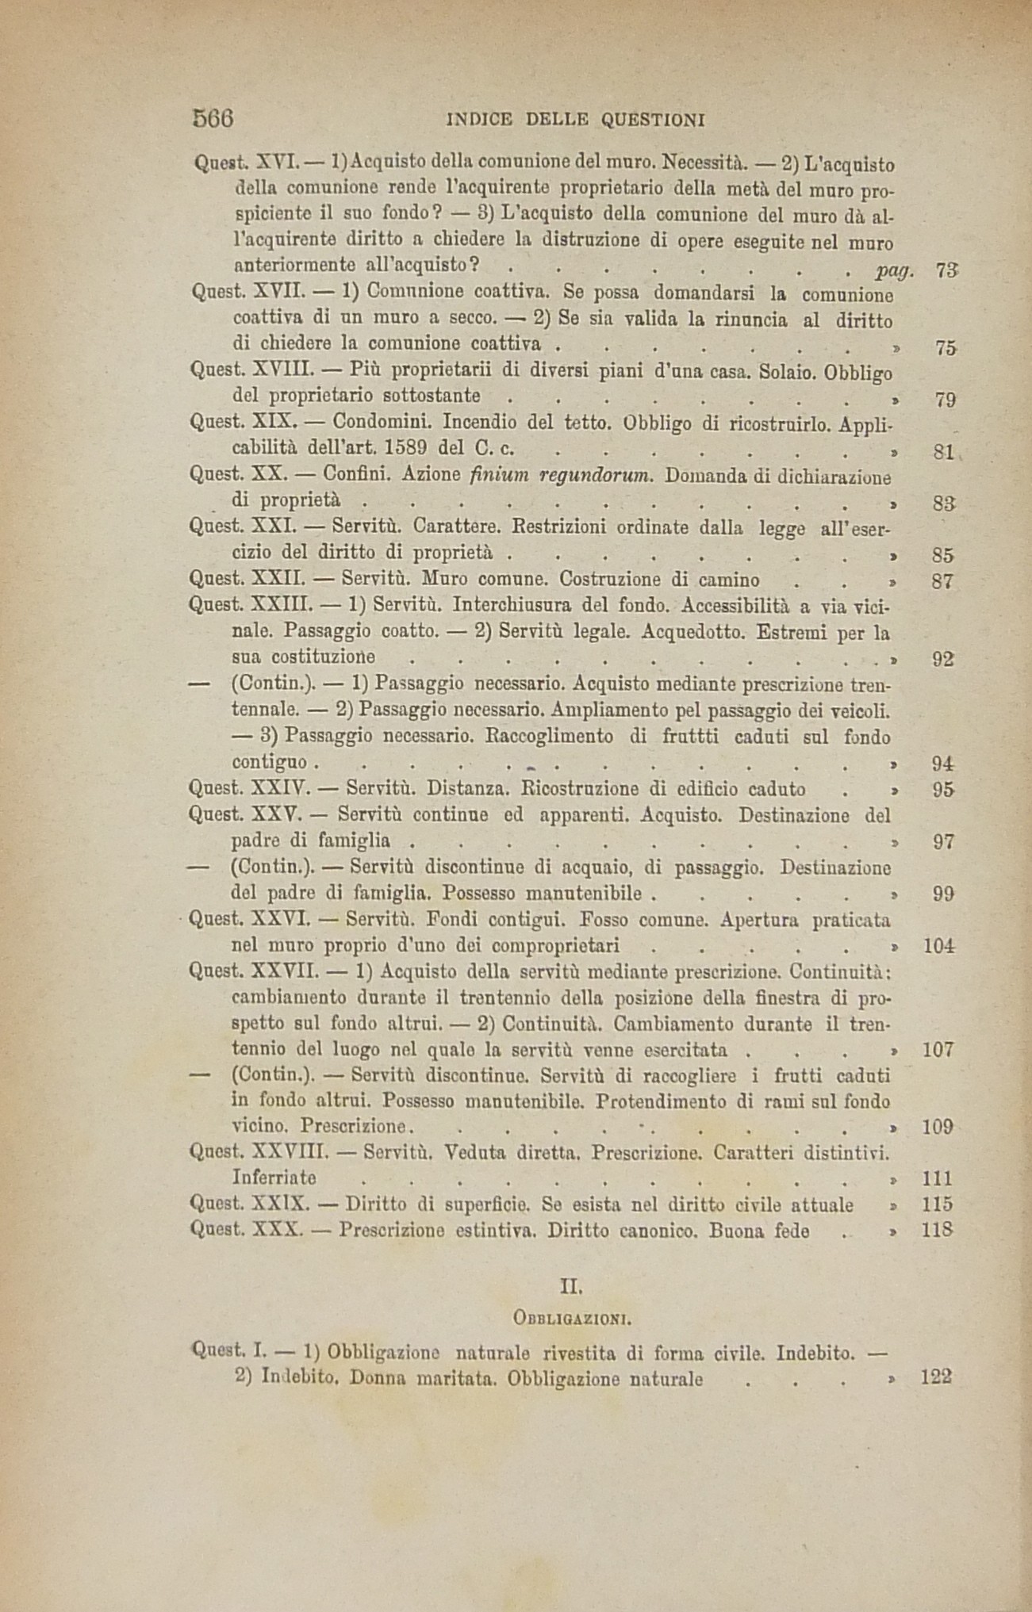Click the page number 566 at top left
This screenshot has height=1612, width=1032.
pyautogui.click(x=213, y=118)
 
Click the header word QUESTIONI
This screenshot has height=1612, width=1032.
pyautogui.click(x=653, y=120)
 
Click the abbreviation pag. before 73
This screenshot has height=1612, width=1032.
pyautogui.click(x=896, y=270)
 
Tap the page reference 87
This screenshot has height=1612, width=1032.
pyautogui.click(x=942, y=581)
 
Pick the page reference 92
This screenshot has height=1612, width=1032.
pyautogui.click(x=942, y=659)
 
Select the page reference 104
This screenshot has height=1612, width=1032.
pyautogui.click(x=938, y=945)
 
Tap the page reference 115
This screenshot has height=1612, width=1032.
pyautogui.click(x=938, y=1204)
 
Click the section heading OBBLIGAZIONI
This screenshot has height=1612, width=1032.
pyautogui.click(x=571, y=1320)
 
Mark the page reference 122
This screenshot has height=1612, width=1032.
pyautogui.click(x=936, y=1377)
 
